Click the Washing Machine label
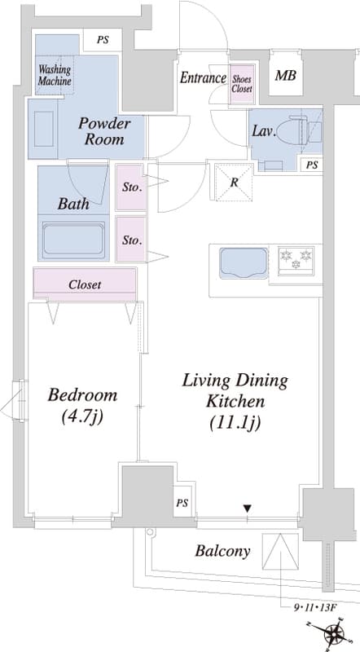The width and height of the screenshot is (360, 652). point(55,75)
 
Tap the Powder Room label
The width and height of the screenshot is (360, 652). point(104,131)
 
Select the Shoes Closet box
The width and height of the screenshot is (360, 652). point(242,84)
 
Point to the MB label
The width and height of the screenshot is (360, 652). point(286,76)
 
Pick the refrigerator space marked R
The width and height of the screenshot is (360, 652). point(234,182)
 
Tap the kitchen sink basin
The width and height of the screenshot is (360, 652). point(244,262)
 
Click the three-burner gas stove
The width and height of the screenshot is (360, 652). point(296,261)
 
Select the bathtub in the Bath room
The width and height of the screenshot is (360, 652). point(73,240)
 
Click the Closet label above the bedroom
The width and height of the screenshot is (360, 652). point(85,284)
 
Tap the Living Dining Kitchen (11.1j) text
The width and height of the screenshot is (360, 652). point(235,401)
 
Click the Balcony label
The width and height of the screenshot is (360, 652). point(223,552)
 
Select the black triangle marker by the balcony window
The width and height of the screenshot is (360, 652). point(248,508)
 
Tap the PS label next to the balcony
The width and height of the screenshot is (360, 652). point(182,503)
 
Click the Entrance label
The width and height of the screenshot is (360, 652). point(203,77)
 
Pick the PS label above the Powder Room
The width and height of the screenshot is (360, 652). point(103,40)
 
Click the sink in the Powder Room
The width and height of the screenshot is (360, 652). point(44,129)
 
